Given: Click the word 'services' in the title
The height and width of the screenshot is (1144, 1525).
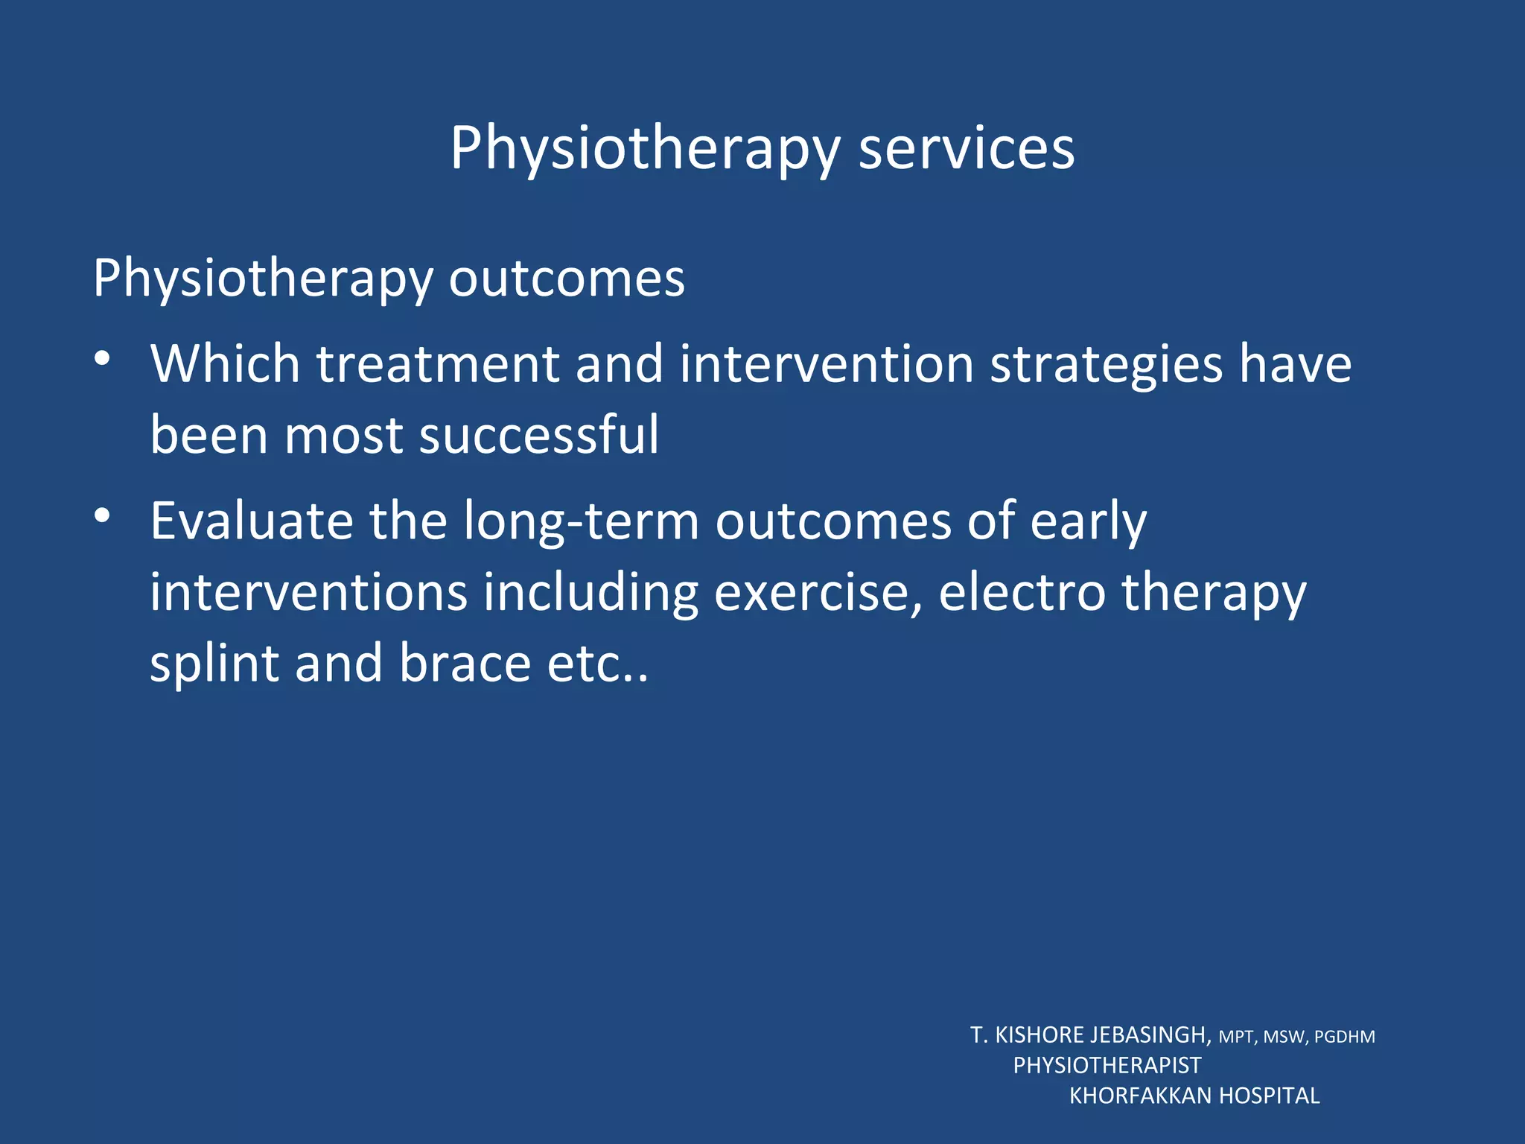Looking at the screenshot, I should pyautogui.click(x=966, y=148).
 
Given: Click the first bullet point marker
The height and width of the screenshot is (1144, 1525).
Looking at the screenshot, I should pyautogui.click(x=103, y=359).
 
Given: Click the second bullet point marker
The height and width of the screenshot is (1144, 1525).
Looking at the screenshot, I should pyautogui.click(x=103, y=515).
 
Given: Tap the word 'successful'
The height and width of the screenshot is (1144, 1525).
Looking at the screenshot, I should pyautogui.click(x=539, y=434).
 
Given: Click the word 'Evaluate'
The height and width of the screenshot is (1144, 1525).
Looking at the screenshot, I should pyautogui.click(x=252, y=521).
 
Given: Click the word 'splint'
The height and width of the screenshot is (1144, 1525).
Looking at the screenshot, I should pyautogui.click(x=214, y=664).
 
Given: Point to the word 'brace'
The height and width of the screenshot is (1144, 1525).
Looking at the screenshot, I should pyautogui.click(x=465, y=663).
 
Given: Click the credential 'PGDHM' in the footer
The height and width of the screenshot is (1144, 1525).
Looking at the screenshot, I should pyautogui.click(x=1344, y=1037).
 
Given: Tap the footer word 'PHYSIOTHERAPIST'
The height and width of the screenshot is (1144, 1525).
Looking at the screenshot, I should pyautogui.click(x=1107, y=1066).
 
